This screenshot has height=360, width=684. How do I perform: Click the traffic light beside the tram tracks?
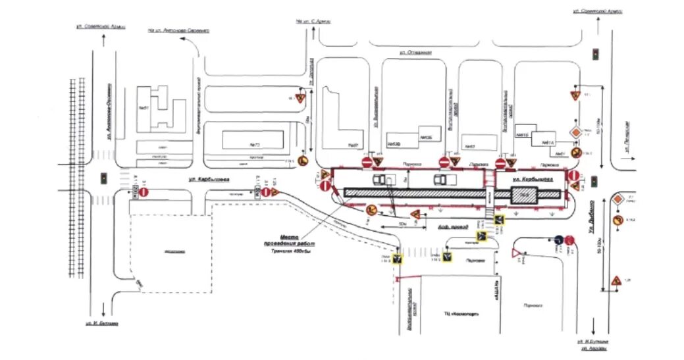103,178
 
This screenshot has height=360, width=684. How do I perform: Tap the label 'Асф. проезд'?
452,227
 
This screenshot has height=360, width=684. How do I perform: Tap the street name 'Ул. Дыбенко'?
591,217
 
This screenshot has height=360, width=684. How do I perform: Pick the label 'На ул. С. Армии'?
311,21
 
